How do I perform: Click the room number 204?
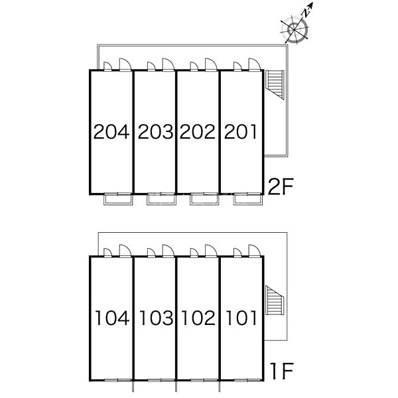click(x=111, y=132)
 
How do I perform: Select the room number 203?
click(x=155, y=132)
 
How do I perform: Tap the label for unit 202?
click(x=198, y=132)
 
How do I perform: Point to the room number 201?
click(x=240, y=132)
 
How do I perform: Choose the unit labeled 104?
click(x=112, y=318)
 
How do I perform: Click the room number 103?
click(x=157, y=318)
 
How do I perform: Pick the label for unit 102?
click(x=198, y=318)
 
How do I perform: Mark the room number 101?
click(x=241, y=318)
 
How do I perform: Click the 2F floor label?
click(x=281, y=186)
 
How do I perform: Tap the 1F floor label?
click(x=282, y=371)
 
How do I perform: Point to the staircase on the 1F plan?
click(x=275, y=300)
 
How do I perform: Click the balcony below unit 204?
click(x=118, y=199)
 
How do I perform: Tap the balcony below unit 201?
click(x=248, y=199)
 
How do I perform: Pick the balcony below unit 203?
click(x=161, y=199)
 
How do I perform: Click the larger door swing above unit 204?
click(x=125, y=64)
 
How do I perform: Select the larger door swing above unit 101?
click(x=254, y=251)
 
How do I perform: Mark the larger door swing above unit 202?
click(x=211, y=64)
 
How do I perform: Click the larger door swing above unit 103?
click(x=168, y=251)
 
